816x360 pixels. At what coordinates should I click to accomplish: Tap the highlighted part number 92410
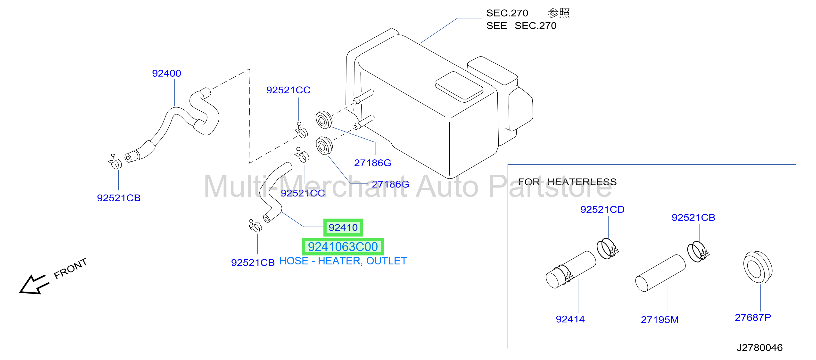pyautogui.click(x=343, y=227)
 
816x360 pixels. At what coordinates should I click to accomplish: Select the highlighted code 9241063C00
pyautogui.click(x=343, y=247)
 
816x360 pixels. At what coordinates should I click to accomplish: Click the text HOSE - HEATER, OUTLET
pyautogui.click(x=343, y=261)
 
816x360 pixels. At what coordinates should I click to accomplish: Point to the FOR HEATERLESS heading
pyautogui.click(x=567, y=182)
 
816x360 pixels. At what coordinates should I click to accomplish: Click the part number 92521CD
pyautogui.click(x=602, y=209)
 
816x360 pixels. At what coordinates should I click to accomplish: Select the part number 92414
pyautogui.click(x=570, y=319)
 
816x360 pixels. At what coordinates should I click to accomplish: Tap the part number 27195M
pyautogui.click(x=659, y=320)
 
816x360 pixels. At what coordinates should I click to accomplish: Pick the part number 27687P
pyautogui.click(x=753, y=317)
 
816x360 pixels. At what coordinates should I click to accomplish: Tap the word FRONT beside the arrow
pyautogui.click(x=70, y=269)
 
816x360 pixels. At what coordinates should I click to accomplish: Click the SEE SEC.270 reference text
pyautogui.click(x=521, y=26)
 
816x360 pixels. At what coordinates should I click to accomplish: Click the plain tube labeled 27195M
pyautogui.click(x=660, y=273)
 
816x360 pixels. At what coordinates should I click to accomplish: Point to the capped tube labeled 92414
pyautogui.click(x=570, y=270)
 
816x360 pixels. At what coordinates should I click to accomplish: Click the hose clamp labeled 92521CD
pyautogui.click(x=607, y=249)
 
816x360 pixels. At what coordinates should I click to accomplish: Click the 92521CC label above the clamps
pyautogui.click(x=288, y=90)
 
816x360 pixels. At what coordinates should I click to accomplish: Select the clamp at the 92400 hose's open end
pyautogui.click(x=115, y=162)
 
